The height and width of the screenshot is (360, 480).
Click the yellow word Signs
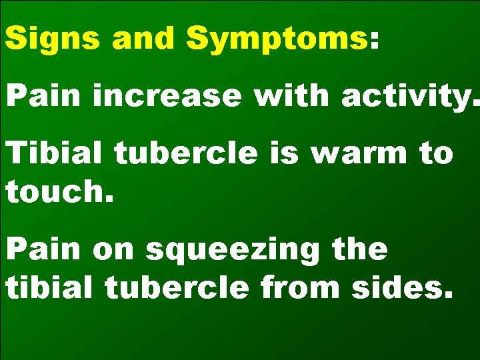tap(54, 39)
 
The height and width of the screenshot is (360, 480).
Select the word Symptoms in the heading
tap(276, 39)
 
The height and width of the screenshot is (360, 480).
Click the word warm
tap(359, 155)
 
